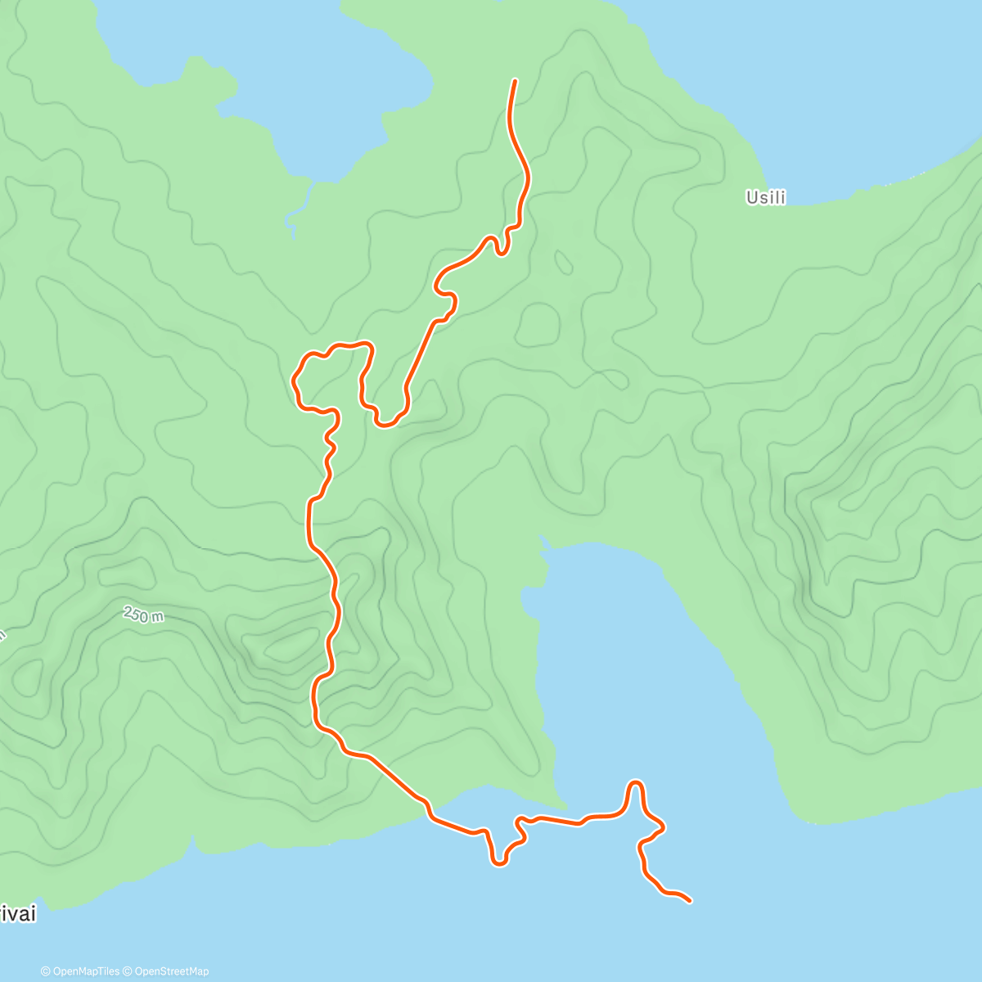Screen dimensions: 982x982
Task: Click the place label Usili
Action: [765, 197]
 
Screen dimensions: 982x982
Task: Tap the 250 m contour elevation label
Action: [143, 615]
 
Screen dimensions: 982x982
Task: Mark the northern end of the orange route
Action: [515, 80]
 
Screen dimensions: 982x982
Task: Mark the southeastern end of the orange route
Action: [691, 901]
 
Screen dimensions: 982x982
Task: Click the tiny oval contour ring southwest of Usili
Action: [563, 262]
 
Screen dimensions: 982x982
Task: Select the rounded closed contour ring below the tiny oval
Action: [537, 325]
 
